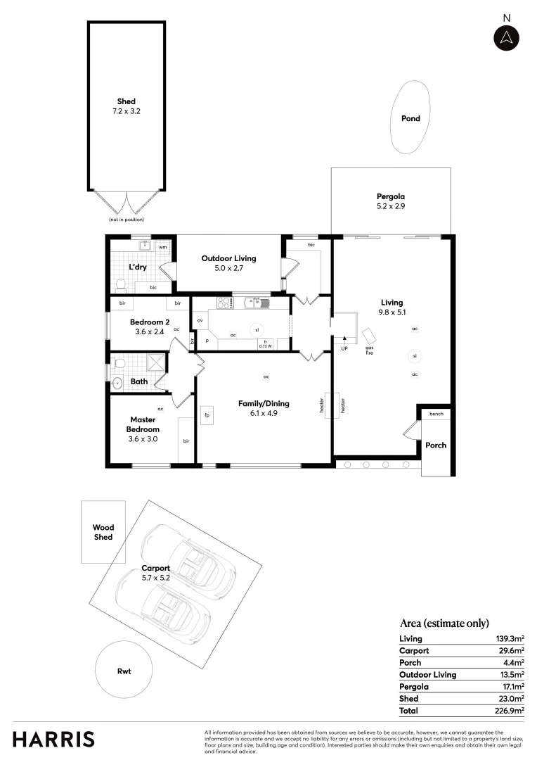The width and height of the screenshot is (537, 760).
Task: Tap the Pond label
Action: click(410, 118)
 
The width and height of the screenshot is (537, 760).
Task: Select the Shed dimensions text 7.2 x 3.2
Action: click(127, 111)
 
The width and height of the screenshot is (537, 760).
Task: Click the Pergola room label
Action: click(391, 196)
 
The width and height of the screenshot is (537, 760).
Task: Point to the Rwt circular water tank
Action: click(124, 671)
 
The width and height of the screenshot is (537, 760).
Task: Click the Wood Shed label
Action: click(103, 532)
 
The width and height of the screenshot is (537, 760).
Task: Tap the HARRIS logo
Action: click(53, 739)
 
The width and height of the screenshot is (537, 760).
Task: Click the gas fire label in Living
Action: click(369, 350)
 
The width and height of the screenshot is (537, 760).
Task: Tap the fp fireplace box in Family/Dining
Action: click(207, 415)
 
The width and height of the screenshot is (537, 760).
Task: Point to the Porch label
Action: click(436, 445)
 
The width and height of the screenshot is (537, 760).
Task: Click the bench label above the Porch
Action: click(436, 413)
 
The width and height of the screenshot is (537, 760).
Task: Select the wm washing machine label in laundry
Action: click(162, 247)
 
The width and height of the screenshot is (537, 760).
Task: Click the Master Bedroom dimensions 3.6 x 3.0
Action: click(143, 438)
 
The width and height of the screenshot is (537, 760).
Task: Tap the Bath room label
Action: click(139, 381)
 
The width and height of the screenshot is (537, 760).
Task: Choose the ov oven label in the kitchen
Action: click(200, 320)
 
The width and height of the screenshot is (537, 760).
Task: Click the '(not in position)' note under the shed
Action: click(126, 220)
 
